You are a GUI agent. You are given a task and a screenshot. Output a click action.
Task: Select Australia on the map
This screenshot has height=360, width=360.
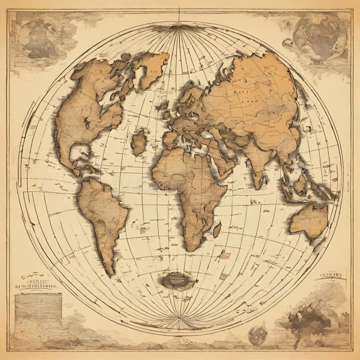point(308,220)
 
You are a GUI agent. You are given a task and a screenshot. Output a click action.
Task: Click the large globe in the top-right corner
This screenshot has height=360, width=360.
point(320,36)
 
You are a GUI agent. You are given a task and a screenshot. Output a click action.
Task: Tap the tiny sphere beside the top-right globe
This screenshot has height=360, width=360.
point(287,43)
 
